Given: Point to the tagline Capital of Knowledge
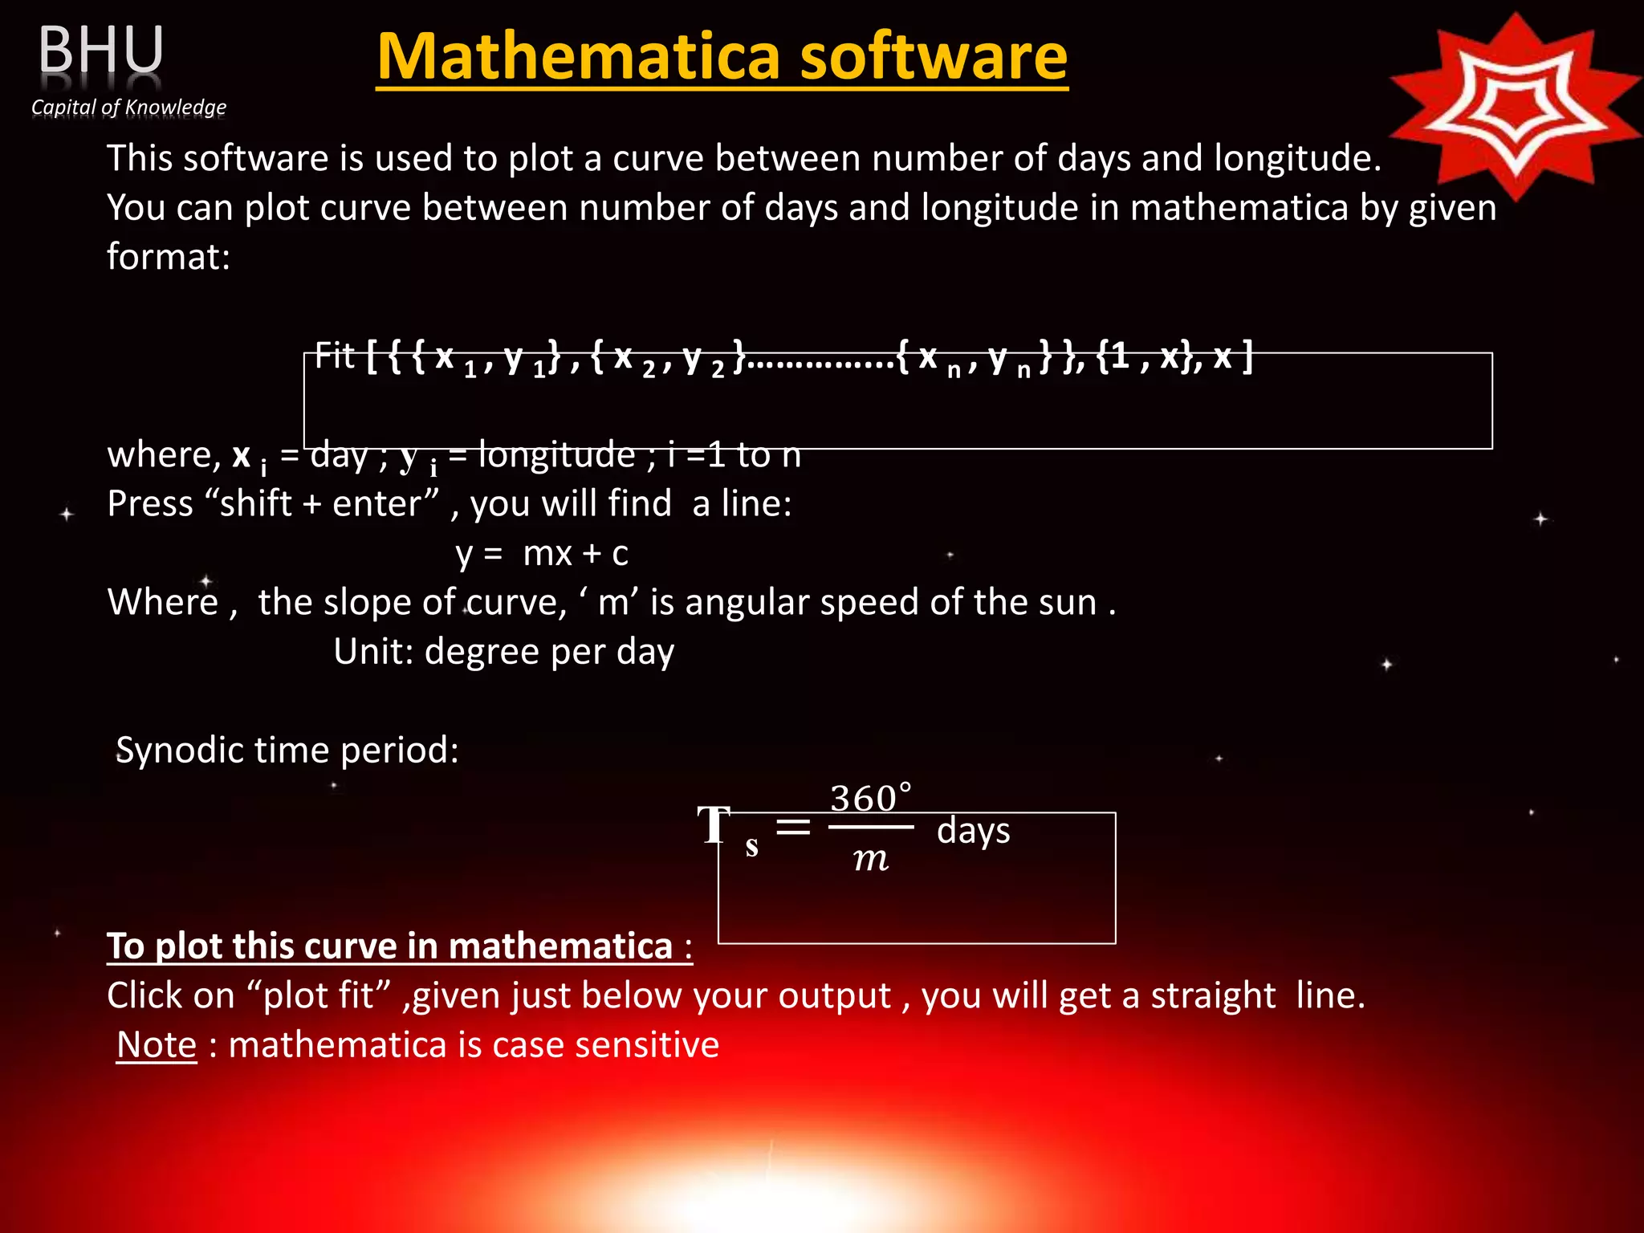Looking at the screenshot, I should coord(128,107).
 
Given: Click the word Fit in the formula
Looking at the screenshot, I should coord(334,356).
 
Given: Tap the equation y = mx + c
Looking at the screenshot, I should coord(542,553).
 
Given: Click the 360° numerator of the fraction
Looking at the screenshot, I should coord(870,799).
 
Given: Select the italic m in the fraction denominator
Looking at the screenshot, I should coord(871,859).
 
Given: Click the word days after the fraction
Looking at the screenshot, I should coord(973,830).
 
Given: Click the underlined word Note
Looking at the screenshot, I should coord(157,1044).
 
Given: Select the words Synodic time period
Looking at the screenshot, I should coord(287,750).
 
